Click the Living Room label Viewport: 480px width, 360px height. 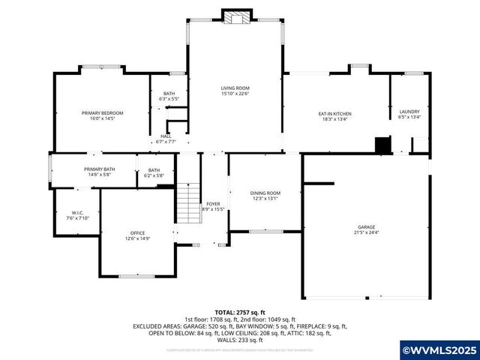tap(235, 88)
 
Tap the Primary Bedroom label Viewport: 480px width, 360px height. tap(103, 112)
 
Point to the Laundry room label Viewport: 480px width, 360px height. tap(409, 111)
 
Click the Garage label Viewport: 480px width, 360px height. tap(366, 226)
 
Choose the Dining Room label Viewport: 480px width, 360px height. tap(265, 193)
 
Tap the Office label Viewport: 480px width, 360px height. tap(137, 232)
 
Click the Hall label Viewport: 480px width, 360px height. tap(165, 136)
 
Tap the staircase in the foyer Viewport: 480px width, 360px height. tap(186, 202)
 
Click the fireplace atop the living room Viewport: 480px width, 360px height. tap(235, 17)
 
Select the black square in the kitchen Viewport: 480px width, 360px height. tap(383, 144)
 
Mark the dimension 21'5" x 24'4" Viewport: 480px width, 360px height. tap(366, 232)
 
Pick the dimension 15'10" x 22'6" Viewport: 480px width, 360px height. tap(235, 94)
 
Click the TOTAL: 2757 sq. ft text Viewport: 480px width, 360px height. tap(240, 312)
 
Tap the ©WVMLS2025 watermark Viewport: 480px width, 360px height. tap(439, 350)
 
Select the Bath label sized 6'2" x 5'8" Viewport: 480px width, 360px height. tap(154, 169)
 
